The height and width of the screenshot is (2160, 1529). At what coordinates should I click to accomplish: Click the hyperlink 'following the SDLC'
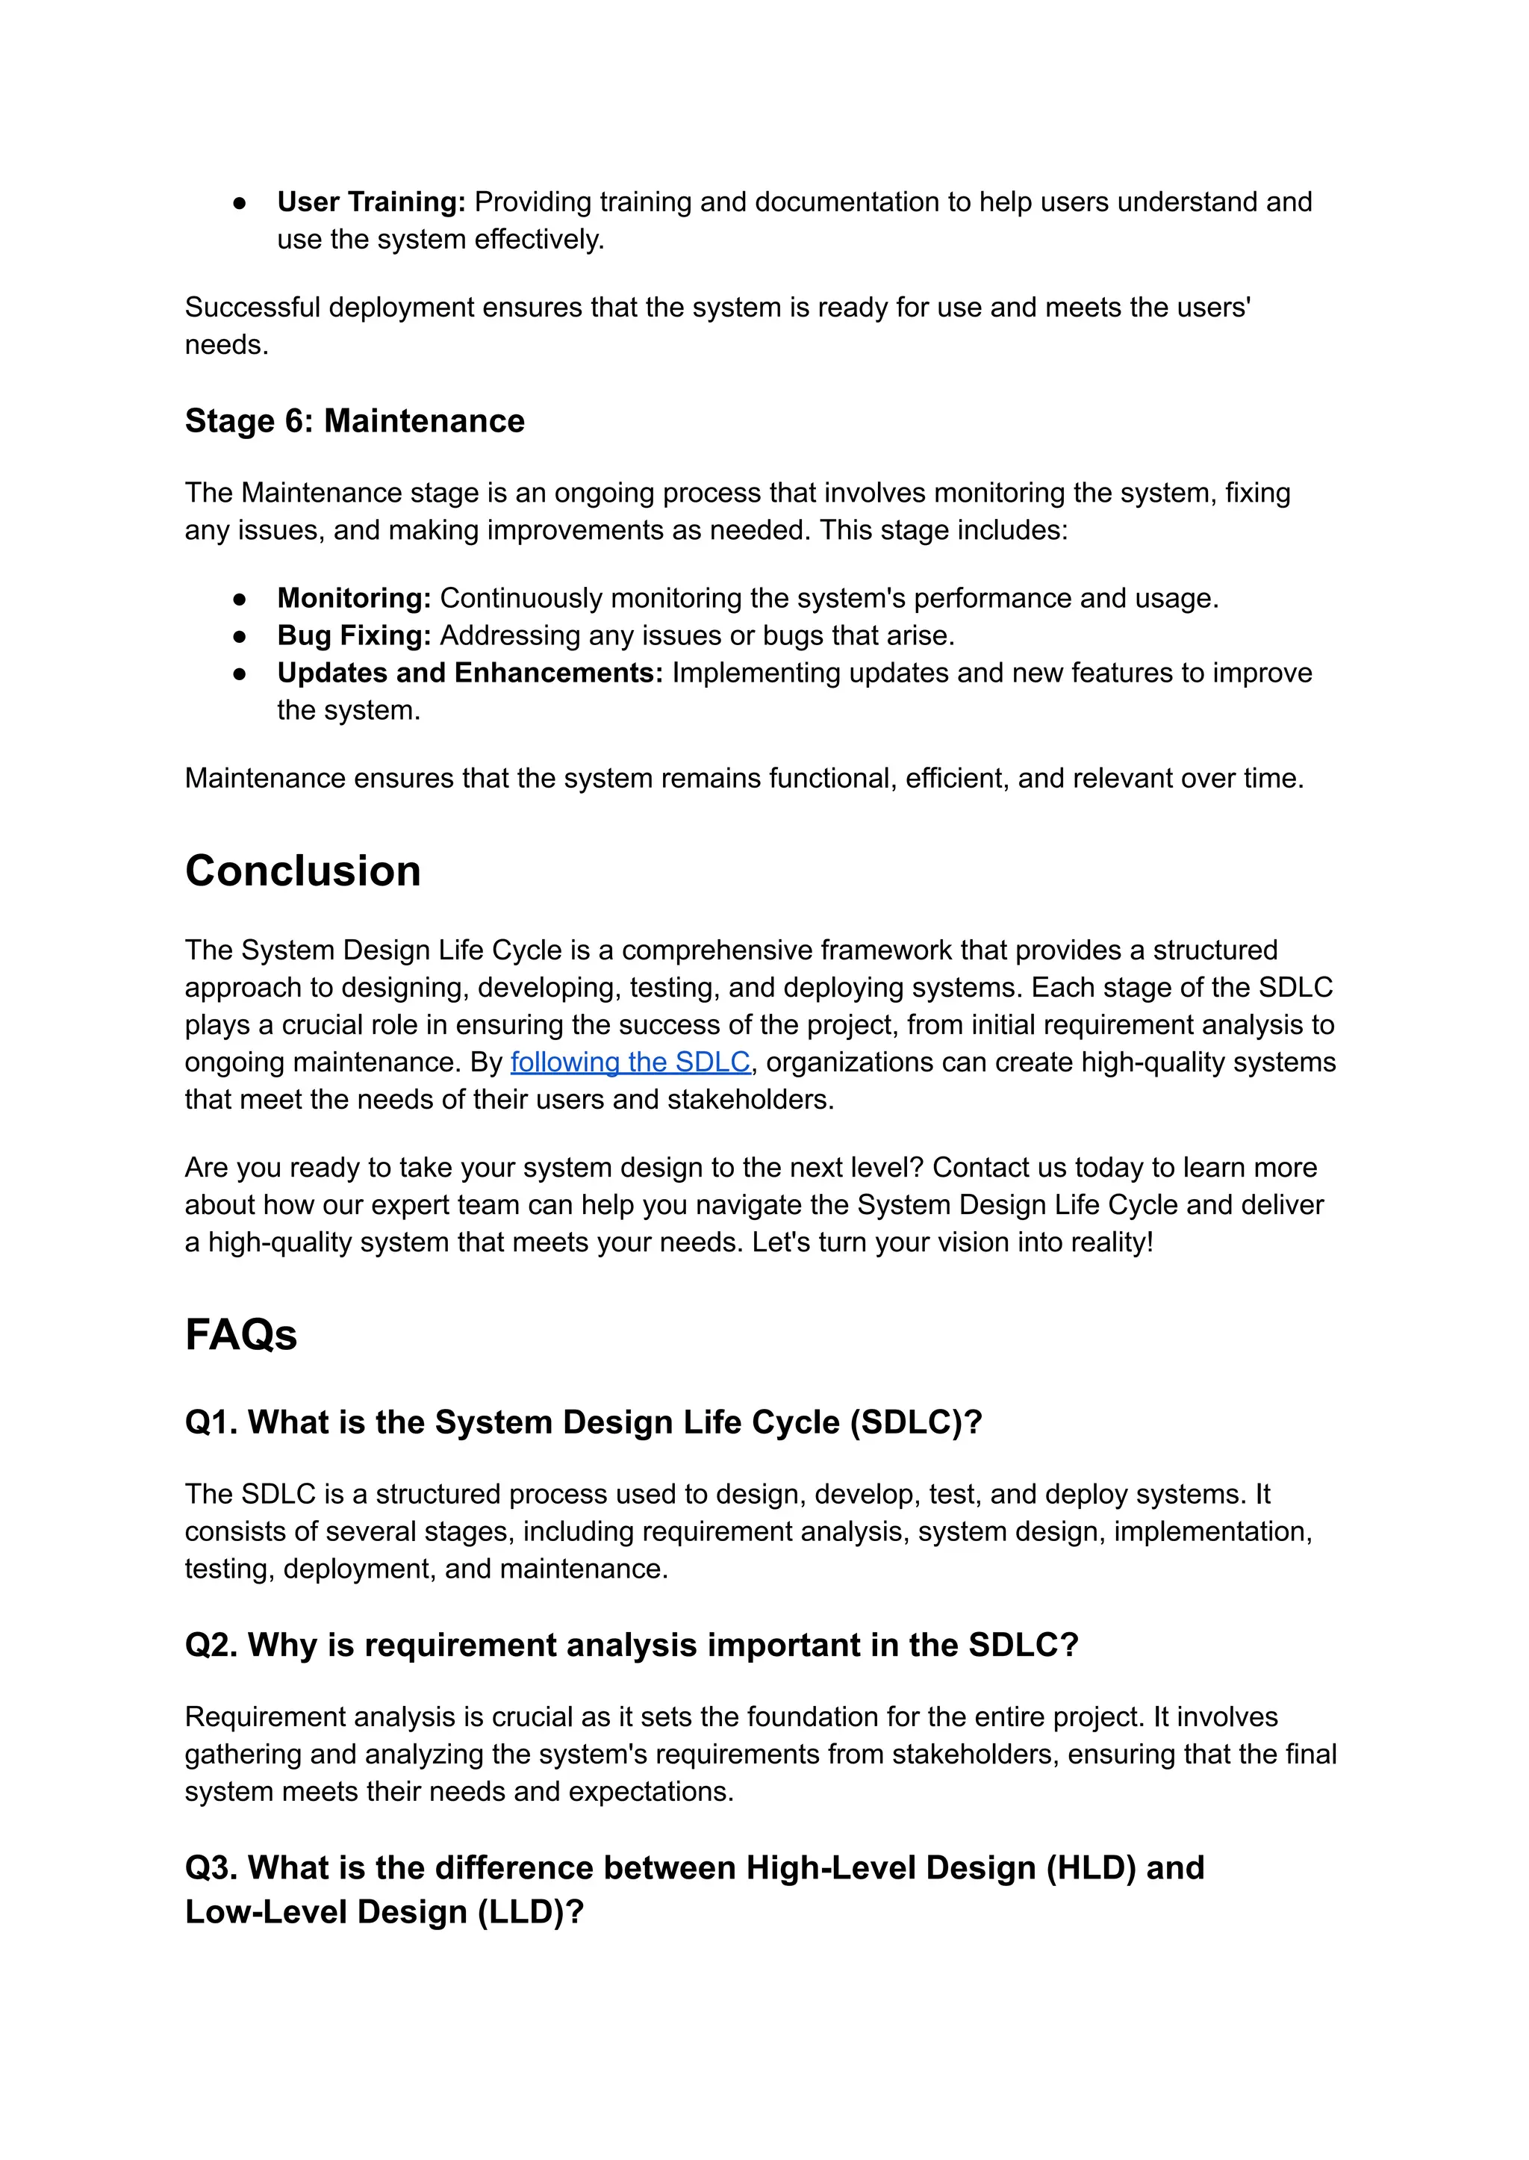(630, 1062)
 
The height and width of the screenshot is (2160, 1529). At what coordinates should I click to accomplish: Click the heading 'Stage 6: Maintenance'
(354, 421)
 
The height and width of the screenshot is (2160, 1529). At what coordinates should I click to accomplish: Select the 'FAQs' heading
(241, 1335)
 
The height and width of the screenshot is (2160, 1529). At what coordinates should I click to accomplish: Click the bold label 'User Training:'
(371, 202)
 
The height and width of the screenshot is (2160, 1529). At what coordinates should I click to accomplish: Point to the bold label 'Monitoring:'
(354, 598)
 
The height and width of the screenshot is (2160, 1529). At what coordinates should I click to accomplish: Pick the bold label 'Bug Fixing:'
(354, 635)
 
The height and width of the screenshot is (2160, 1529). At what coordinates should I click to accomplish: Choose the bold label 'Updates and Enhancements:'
(470, 673)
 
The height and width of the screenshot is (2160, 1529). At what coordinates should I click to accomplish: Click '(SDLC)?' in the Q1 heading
(915, 1423)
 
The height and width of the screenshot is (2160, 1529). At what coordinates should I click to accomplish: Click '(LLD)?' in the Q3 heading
(530, 1912)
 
